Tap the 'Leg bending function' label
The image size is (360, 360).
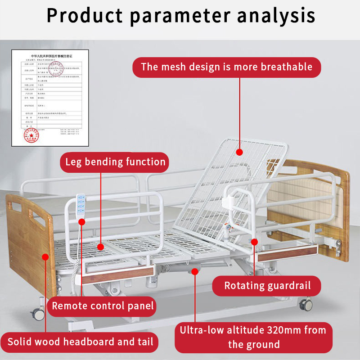116,162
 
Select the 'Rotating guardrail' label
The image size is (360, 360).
267,285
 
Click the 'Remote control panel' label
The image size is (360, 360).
103,306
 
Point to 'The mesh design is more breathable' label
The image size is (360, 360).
226,67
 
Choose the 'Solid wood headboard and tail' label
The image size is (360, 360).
81,342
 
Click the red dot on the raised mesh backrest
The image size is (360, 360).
240,153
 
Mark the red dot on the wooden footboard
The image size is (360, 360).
45,257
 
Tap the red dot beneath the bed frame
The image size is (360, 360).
194,271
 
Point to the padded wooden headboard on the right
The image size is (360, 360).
310,198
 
